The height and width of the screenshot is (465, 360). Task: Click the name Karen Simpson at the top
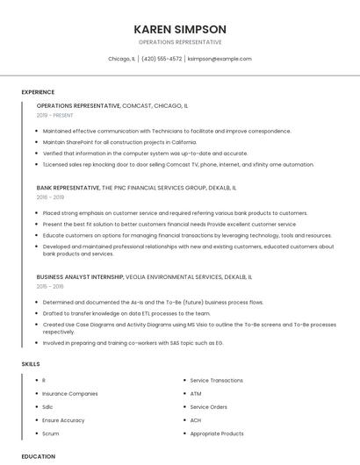click(x=180, y=29)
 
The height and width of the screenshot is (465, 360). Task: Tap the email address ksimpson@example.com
click(x=220, y=59)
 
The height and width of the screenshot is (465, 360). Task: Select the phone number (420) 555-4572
click(x=162, y=59)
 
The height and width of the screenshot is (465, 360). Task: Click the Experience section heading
click(x=38, y=92)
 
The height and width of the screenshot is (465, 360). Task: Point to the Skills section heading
click(x=31, y=363)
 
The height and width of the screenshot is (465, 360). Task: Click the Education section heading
click(x=39, y=456)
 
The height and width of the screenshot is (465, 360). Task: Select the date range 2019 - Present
click(x=55, y=115)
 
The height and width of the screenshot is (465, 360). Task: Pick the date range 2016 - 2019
click(x=50, y=197)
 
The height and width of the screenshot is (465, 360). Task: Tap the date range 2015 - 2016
click(x=50, y=286)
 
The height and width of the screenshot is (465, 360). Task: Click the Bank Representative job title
click(x=68, y=188)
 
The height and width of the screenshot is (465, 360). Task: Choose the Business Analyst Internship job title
click(x=80, y=276)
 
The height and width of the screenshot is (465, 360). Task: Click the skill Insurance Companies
click(x=70, y=394)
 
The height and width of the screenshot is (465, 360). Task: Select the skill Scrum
click(x=51, y=433)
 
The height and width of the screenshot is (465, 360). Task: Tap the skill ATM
click(x=196, y=394)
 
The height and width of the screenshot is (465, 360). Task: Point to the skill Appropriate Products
click(x=217, y=433)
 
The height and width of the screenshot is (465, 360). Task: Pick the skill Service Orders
click(x=209, y=407)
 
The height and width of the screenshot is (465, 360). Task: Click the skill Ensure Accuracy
click(x=64, y=420)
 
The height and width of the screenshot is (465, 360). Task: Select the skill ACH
click(x=196, y=420)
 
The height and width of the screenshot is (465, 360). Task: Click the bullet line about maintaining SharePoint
click(x=119, y=141)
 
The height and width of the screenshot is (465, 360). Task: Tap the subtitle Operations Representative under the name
click(x=180, y=42)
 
